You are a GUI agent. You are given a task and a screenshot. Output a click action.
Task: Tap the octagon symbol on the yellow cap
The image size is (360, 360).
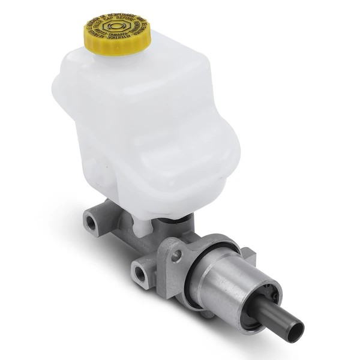(114, 29)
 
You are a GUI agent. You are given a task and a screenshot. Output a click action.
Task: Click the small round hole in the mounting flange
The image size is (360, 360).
(178, 254)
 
